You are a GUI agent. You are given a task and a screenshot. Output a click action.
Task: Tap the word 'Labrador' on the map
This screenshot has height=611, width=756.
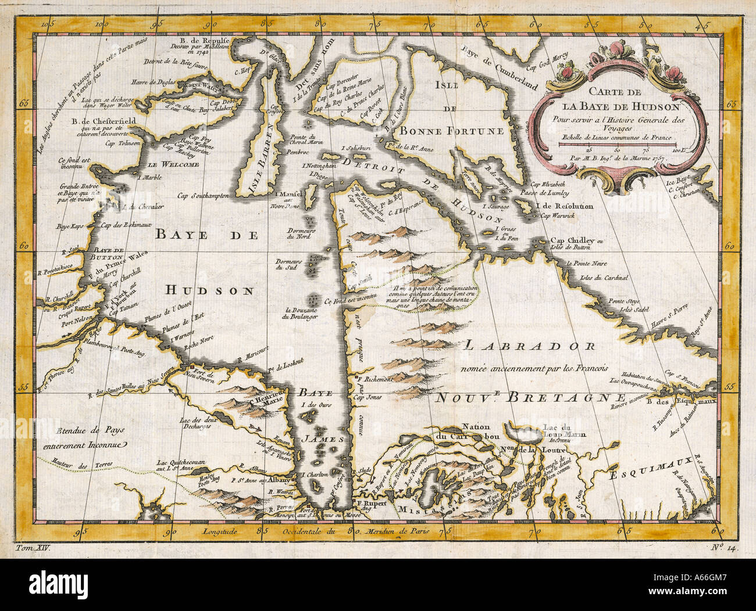[529, 347]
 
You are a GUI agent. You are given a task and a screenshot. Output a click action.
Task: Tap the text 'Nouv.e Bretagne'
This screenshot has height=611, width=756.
[529, 397]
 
